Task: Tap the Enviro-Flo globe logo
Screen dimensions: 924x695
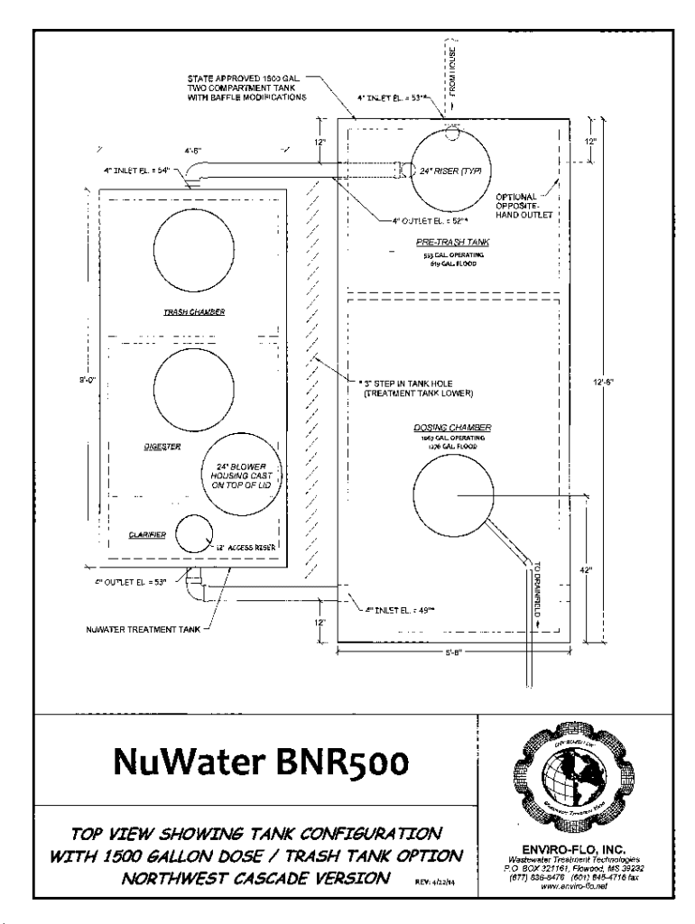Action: click(567, 771)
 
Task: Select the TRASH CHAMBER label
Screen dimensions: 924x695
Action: click(194, 312)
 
